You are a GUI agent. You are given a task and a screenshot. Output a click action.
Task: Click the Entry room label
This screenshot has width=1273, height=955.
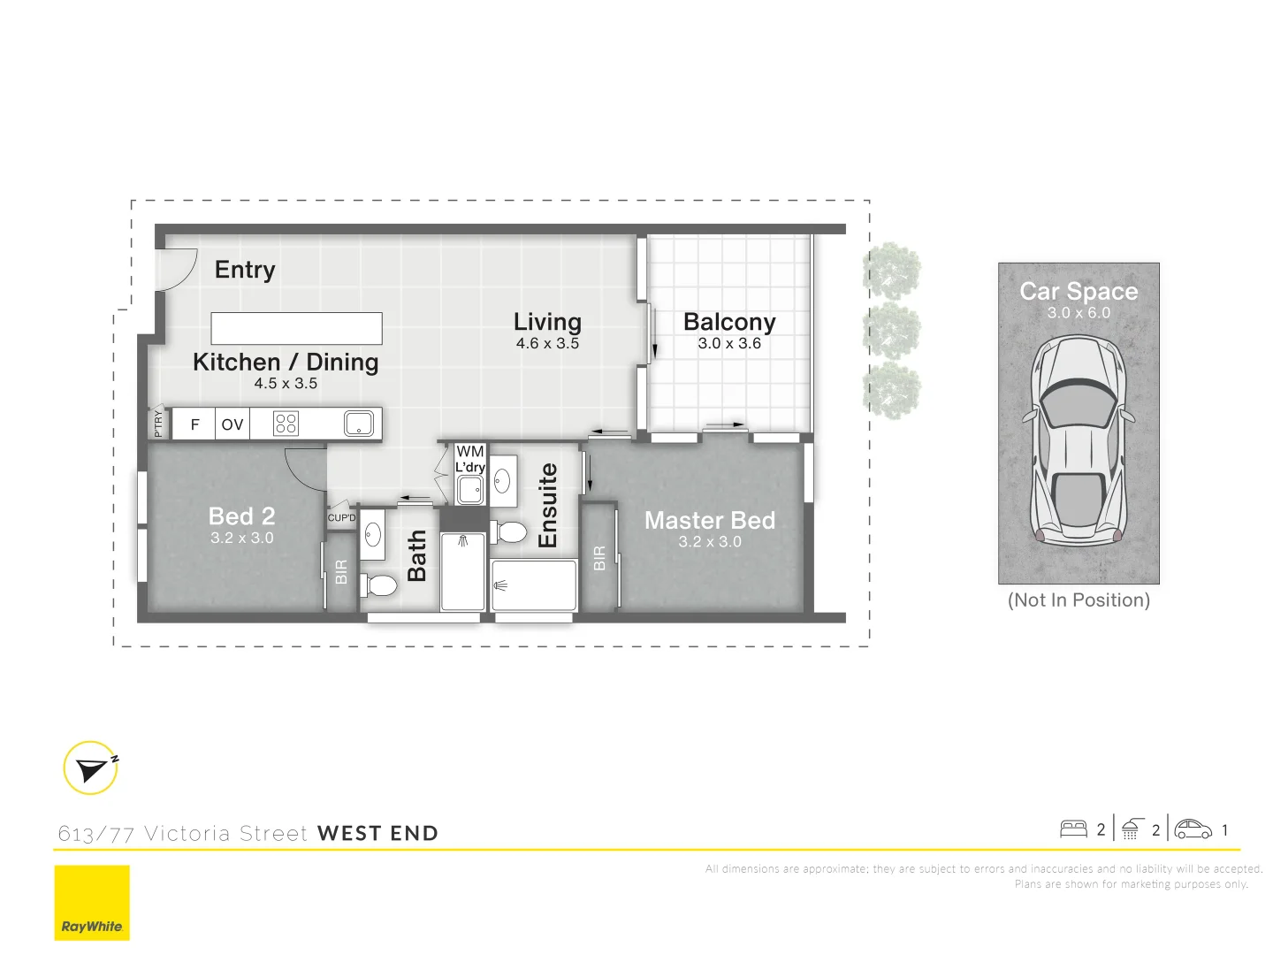(245, 270)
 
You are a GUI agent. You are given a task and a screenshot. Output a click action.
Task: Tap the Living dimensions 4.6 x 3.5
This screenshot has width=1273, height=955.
(547, 344)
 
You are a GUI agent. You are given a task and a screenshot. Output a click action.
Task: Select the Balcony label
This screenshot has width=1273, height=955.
(729, 322)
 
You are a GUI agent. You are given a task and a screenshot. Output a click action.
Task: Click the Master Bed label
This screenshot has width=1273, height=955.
(709, 521)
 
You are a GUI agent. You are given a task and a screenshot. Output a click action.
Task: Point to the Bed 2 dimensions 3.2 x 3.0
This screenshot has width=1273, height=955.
(241, 538)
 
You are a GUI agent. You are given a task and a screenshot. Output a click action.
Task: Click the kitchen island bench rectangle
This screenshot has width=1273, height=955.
(296, 328)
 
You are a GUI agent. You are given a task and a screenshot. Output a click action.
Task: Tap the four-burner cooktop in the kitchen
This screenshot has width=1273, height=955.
(286, 424)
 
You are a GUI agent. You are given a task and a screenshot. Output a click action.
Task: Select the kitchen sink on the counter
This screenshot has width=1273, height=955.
(358, 424)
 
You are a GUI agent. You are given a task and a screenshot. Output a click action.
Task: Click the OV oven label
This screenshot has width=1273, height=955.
(232, 424)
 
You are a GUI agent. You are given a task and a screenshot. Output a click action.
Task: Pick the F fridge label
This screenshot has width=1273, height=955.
(195, 424)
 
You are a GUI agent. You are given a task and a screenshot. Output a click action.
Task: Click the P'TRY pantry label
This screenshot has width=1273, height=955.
(158, 424)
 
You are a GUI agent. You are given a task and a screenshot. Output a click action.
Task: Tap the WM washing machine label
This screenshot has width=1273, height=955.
(470, 452)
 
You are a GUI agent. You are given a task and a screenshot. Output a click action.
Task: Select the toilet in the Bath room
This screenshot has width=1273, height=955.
(380, 584)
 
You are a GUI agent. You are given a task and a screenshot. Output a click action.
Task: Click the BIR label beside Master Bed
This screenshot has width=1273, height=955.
(599, 558)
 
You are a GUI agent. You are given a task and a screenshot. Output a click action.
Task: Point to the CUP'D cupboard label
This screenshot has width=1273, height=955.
(341, 518)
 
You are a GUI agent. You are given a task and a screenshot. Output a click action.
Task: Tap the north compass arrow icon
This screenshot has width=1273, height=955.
(91, 768)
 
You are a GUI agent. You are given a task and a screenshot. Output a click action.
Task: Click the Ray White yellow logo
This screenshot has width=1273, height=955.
(92, 903)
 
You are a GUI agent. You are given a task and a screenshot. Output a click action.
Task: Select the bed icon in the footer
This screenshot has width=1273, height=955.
(1073, 829)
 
